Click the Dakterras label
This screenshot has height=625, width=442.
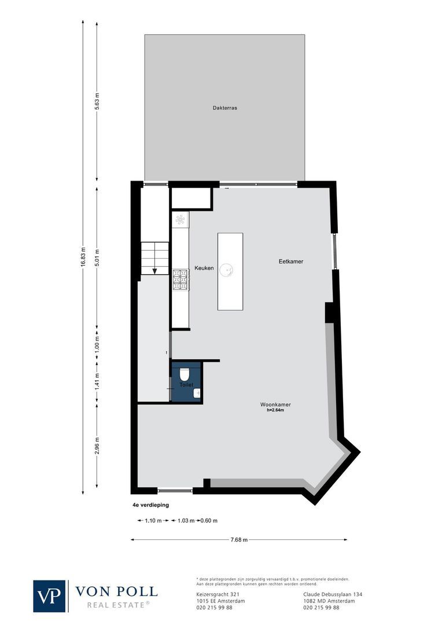tap(224, 107)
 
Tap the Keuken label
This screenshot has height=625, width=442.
tap(204, 268)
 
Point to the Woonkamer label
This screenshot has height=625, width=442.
tap(275, 405)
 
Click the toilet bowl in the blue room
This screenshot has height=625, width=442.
tap(185, 374)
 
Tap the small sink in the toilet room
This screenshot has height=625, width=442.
tap(197, 394)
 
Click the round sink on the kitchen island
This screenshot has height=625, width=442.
tap(229, 269)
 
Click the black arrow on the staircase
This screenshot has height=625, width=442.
tap(154, 270)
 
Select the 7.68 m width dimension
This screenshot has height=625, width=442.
tap(239, 540)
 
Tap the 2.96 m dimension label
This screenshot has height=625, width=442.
tap(97, 446)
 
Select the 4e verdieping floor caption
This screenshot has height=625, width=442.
tap(150, 505)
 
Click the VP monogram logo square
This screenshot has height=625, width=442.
tap(50, 595)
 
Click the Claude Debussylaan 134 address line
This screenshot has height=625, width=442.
tap(333, 594)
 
